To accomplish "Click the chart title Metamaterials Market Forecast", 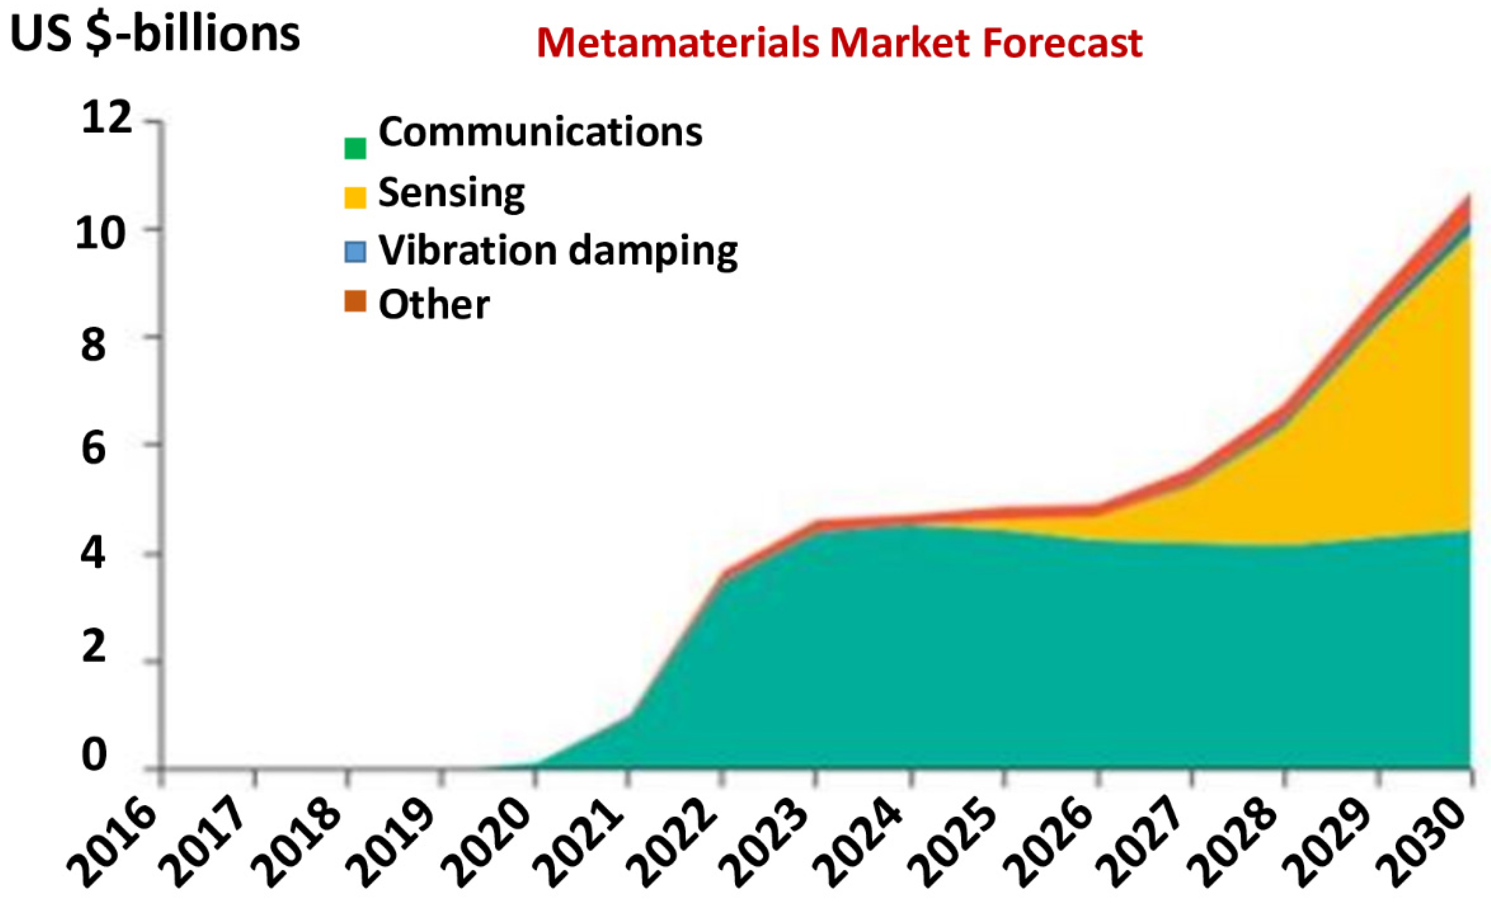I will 839,43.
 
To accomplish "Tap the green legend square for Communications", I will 355,148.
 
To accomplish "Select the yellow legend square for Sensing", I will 355,198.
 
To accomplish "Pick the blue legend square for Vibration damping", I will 355,252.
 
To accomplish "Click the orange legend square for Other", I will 355,301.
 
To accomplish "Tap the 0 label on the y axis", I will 94,755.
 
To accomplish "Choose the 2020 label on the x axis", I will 487,846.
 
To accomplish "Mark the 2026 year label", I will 1049,846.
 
